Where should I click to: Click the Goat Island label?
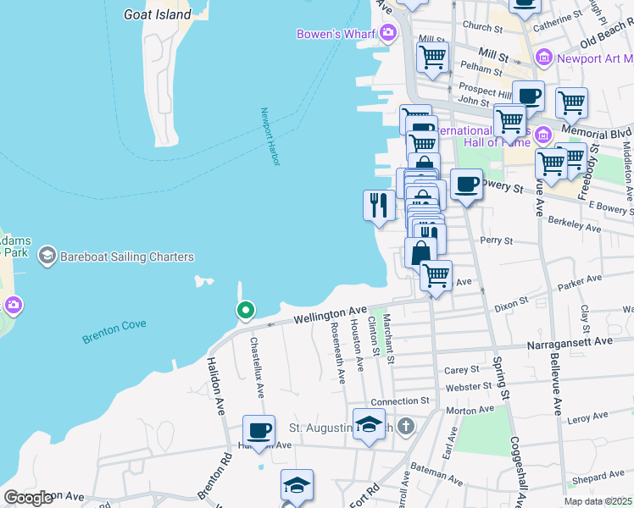click(158, 14)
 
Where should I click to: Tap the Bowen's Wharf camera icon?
click(387, 34)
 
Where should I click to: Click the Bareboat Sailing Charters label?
click(126, 257)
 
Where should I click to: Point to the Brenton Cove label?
click(114, 331)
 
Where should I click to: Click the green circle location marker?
click(245, 311)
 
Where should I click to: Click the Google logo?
click(29, 498)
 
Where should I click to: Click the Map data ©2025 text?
click(598, 501)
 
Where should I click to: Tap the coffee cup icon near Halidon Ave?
click(259, 430)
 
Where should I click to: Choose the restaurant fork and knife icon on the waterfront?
click(379, 205)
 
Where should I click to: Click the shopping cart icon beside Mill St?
click(433, 58)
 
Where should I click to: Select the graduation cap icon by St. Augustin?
click(370, 423)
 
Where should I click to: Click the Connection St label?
click(400, 400)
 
